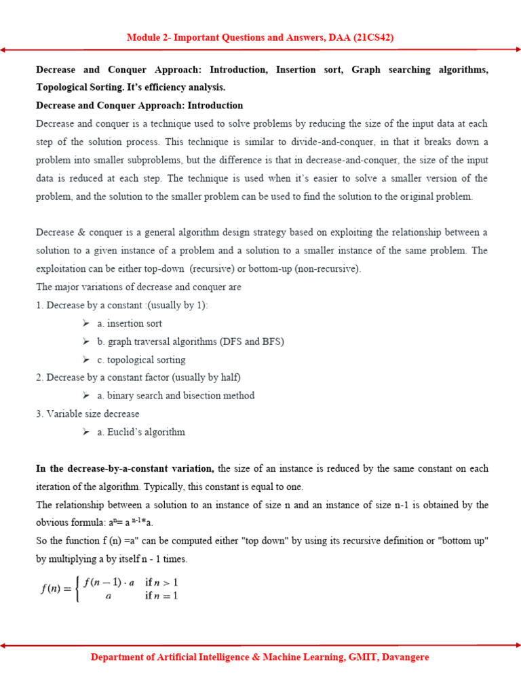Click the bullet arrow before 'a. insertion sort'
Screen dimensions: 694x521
86,323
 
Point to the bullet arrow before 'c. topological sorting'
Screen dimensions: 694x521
86,360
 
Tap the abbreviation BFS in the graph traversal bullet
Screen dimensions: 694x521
269,342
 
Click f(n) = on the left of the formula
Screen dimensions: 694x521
56,589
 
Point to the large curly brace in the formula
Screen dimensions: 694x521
78,589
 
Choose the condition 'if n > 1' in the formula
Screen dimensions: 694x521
161,582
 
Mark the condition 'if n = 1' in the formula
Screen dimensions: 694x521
161,596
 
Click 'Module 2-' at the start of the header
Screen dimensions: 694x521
149,38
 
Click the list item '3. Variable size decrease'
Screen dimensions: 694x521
88,413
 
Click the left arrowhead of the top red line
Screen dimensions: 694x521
3,50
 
